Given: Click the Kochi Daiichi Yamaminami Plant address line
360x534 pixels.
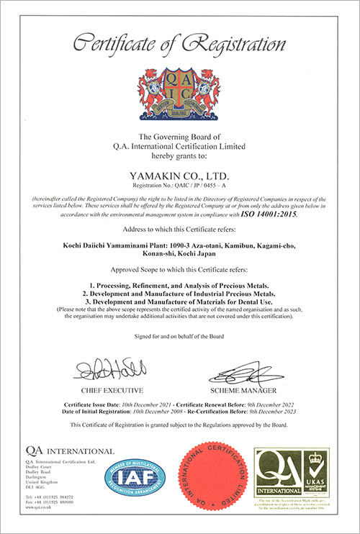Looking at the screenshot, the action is click(179, 248).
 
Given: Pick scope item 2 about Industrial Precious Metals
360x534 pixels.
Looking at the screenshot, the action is click(179, 294).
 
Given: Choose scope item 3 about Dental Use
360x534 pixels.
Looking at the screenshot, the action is click(179, 302).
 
